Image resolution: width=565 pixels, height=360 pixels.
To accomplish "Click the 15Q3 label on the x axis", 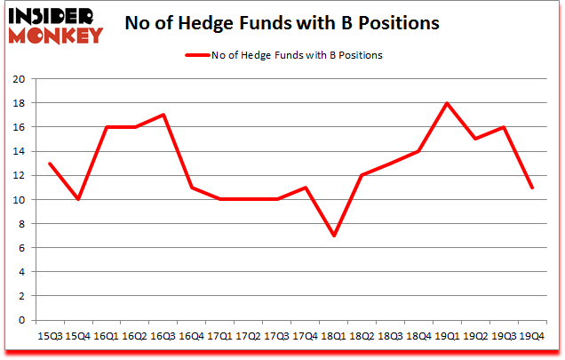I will pos(50,335).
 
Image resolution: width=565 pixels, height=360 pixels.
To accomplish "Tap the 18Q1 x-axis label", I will pos(335,335).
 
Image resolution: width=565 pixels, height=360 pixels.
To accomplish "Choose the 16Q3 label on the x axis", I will pos(163,335).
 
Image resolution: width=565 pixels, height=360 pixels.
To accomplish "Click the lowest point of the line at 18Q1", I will pos(335,236).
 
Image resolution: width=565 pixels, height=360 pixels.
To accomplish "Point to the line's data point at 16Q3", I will pos(163,115).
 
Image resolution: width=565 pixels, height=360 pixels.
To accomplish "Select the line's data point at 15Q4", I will pos(78,200).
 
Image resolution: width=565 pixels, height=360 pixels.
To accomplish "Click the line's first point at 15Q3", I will pos(50,164).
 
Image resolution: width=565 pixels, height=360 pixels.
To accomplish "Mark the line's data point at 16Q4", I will pos(192,188).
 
